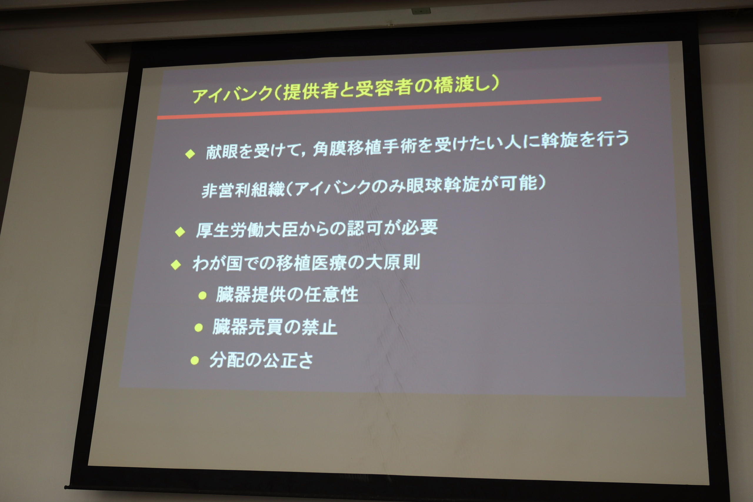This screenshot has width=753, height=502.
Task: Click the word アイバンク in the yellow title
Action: click(x=232, y=94)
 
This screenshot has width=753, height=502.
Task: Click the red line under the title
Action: click(x=379, y=108)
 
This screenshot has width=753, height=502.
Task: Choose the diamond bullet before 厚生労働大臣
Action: click(x=180, y=232)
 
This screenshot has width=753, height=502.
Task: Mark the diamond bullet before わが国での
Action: click(x=176, y=265)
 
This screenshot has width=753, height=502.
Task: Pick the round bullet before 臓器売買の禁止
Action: click(x=199, y=328)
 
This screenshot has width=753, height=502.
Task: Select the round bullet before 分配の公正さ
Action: click(x=194, y=361)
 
